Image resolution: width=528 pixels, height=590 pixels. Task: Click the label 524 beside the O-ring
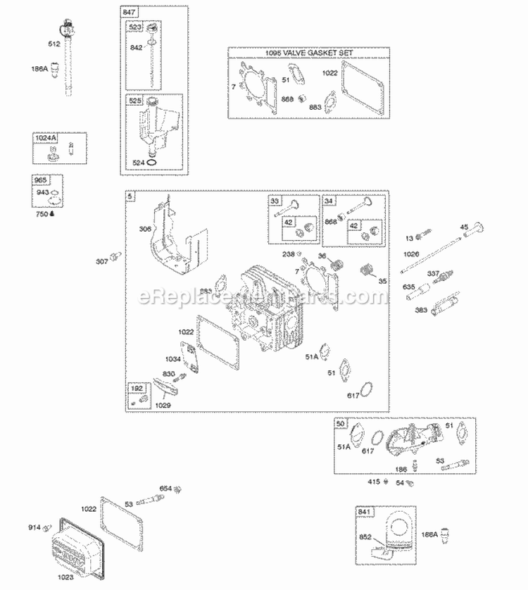pos(138,163)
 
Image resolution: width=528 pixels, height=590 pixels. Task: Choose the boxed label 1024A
pos(44,139)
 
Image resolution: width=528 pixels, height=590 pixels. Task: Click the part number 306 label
pos(144,229)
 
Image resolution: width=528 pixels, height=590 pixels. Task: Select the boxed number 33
pos(275,201)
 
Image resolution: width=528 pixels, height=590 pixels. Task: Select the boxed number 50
pos(341,425)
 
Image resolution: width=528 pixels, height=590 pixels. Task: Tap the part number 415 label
pos(373,482)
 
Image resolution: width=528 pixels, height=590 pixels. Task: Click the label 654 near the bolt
pos(165,488)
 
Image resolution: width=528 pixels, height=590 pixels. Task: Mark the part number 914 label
pos(34,527)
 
